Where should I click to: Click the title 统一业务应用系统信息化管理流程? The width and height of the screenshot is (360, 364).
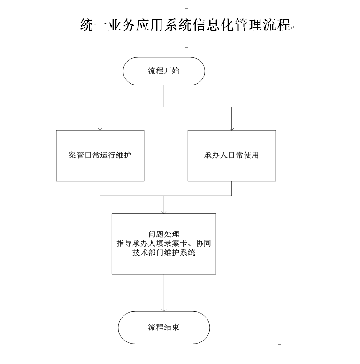185,24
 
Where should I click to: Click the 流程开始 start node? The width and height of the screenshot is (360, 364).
164,71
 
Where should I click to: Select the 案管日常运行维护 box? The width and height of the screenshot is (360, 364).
100,155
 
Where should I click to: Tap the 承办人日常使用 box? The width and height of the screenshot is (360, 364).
232,155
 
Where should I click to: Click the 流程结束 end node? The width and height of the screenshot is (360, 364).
164,327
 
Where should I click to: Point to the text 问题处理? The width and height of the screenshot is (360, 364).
164,234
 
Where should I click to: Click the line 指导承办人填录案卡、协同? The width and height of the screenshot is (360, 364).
164,243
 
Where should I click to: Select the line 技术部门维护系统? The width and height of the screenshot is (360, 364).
164,252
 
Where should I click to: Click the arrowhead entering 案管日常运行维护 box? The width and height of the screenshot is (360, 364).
100,129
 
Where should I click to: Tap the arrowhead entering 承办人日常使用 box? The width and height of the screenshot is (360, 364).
232,129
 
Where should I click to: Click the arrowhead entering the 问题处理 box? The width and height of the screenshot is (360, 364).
164,212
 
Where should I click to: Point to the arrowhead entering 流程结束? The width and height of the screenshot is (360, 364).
164,310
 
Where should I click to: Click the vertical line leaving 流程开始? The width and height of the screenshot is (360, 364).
164,96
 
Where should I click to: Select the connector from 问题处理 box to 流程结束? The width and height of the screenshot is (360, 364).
164,293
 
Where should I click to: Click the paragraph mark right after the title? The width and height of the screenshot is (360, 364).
292,27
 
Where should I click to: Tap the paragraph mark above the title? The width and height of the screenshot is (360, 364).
187,8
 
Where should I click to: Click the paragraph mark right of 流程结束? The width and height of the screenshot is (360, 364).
280,344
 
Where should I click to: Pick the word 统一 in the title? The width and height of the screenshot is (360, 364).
94,24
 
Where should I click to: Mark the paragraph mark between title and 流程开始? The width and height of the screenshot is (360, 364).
187,47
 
